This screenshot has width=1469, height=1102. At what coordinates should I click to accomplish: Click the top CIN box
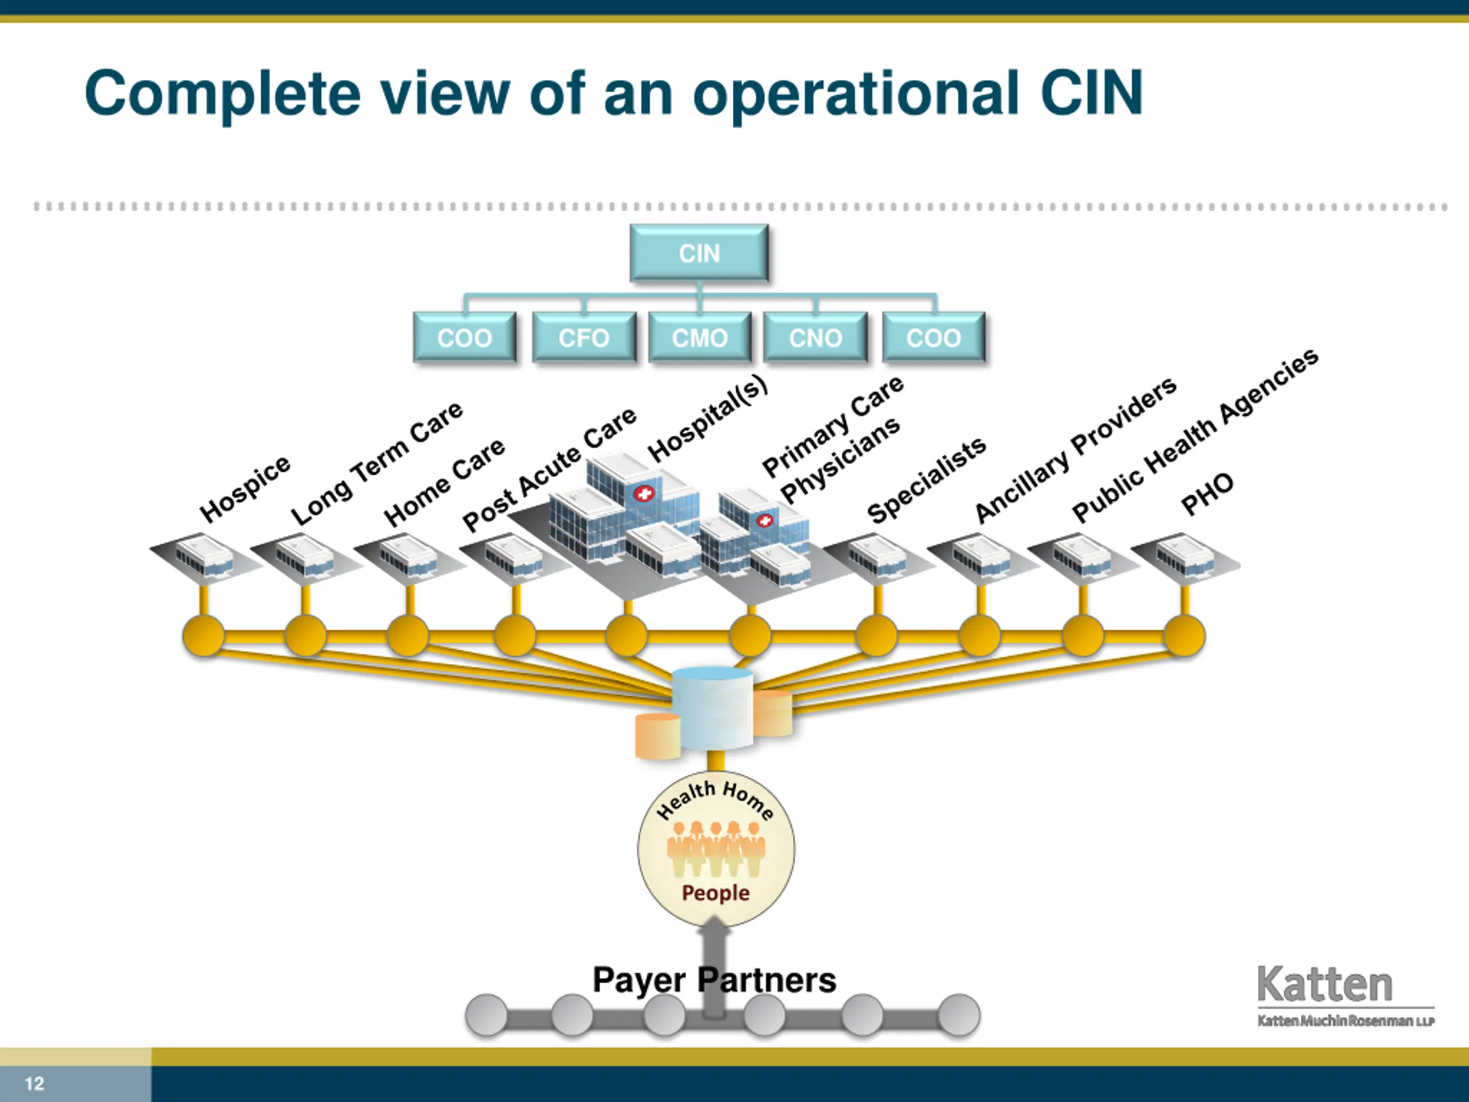(699, 253)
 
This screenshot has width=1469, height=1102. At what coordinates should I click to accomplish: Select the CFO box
(584, 337)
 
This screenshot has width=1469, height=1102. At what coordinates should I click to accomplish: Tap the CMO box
(700, 337)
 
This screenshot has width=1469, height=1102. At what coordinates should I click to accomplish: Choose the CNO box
(815, 337)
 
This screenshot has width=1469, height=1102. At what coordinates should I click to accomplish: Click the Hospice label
(244, 489)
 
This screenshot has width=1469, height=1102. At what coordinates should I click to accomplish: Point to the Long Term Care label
(376, 463)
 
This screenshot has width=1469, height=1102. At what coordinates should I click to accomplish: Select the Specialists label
(926, 480)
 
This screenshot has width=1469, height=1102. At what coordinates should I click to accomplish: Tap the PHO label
(1207, 494)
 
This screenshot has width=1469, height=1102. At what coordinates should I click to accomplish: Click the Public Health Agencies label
(1195, 435)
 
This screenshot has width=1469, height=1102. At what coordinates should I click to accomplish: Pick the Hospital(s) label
(708, 418)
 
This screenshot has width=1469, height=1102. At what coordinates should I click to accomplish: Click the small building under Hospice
(204, 556)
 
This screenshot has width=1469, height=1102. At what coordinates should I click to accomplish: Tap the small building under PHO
(1186, 556)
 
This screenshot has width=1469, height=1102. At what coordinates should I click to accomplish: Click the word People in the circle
(715, 893)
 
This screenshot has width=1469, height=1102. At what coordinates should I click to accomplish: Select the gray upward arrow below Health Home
(714, 967)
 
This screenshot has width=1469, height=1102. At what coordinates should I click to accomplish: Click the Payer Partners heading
(714, 980)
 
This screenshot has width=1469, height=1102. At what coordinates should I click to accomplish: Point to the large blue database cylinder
(713, 709)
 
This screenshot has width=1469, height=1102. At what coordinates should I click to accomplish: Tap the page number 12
(34, 1084)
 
